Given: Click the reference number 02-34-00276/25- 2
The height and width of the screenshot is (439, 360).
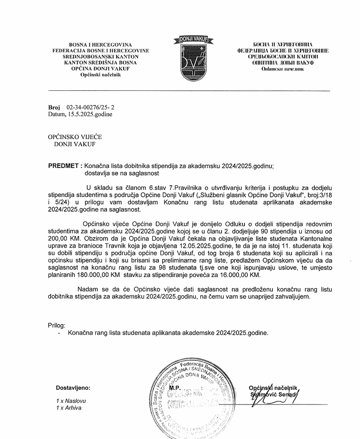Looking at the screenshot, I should pyautogui.click(x=87, y=108).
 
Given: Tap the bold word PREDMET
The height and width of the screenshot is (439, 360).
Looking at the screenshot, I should pyautogui.click(x=63, y=165).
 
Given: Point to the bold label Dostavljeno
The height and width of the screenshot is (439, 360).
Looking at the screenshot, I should pyautogui.click(x=73, y=388).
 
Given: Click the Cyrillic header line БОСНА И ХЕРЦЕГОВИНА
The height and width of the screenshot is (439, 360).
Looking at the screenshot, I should pyautogui.click(x=282, y=44).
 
